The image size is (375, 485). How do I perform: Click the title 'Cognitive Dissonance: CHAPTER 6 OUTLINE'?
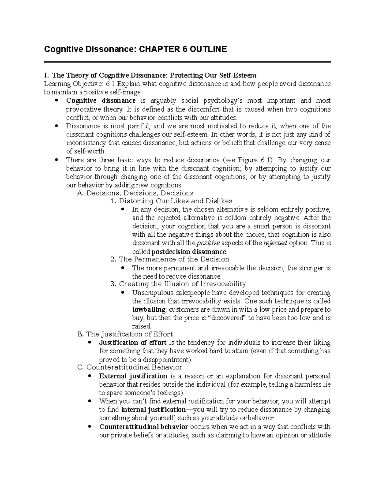(x=135, y=49)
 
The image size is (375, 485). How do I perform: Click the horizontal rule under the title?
(x=187, y=62)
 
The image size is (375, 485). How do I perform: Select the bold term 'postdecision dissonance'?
(x=188, y=252)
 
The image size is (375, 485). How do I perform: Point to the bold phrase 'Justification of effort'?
(x=132, y=343)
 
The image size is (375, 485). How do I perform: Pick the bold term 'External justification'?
(x=133, y=376)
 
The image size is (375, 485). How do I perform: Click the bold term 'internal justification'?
(x=153, y=410)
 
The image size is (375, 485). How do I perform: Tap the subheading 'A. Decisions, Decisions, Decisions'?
(x=135, y=193)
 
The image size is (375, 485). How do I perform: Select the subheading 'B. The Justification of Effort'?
(x=125, y=334)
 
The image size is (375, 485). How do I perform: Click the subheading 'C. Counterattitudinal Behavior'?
(x=130, y=367)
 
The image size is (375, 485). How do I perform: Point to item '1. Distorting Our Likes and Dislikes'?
(x=172, y=201)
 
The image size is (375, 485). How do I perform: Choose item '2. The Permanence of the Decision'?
(x=170, y=259)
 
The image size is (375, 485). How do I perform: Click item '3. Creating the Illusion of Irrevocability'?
(x=178, y=284)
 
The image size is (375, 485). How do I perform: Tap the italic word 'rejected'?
(x=275, y=243)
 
